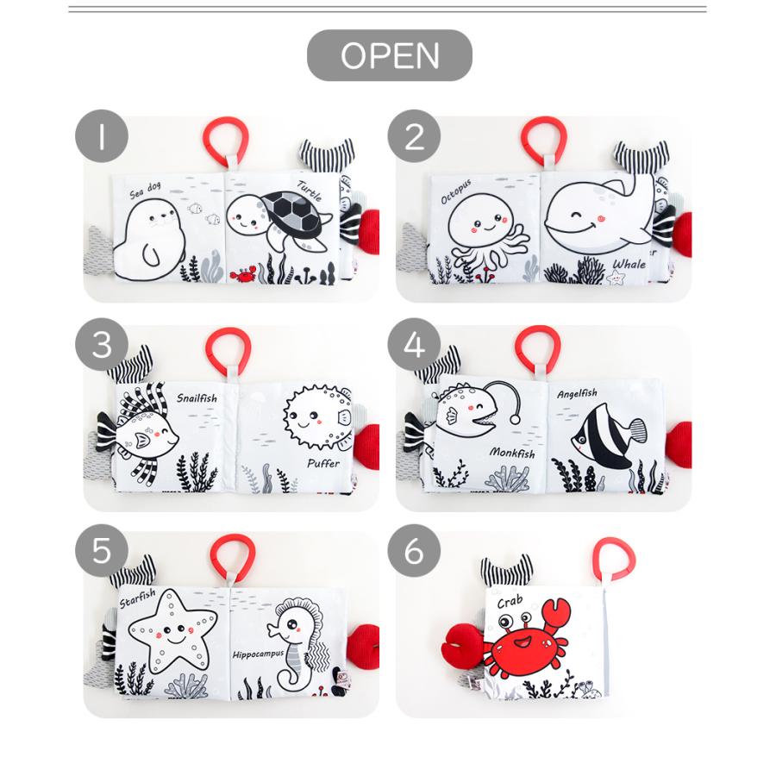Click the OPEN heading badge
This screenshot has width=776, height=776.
point(390,55)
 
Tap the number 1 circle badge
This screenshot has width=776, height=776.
point(102,137)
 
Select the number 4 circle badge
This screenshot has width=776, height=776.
point(415,346)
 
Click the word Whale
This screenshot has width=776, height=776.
point(629,264)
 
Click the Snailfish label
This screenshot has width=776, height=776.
point(197,397)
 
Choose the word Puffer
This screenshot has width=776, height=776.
point(322,463)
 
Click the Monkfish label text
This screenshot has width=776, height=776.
point(512,453)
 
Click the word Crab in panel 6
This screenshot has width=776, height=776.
point(509,601)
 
